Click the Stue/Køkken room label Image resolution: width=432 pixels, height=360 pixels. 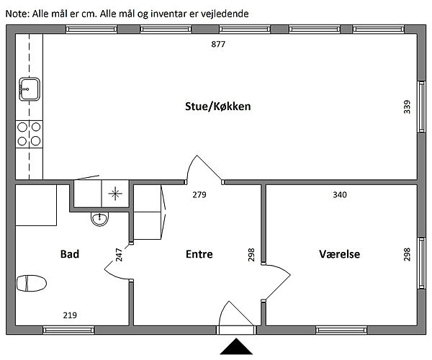pos(217,107)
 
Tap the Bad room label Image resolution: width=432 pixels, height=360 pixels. pos(70,254)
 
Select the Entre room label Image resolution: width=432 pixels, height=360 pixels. pos(199,254)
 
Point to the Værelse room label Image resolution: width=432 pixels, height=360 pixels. pos(339,254)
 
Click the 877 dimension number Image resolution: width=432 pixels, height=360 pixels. pos(218,44)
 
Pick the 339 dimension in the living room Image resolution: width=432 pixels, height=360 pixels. pos(407,107)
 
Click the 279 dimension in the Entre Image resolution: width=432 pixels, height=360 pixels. pos(199,194)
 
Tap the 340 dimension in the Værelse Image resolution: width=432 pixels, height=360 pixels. pos(340,194)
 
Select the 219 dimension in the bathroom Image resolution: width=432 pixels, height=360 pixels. pos(70,315)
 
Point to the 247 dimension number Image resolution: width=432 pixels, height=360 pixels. pos(119,255)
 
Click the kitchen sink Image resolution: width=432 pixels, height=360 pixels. pos(30,89)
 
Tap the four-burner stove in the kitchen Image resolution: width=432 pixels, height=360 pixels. pos(30,134)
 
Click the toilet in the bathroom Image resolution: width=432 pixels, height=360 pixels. pos(32,283)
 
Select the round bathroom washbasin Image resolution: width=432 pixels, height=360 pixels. pos(100,219)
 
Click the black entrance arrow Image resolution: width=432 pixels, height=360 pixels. pos(236,346)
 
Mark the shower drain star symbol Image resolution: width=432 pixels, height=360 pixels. pos(115,194)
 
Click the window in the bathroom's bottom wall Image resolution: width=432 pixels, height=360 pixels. pos(68,330)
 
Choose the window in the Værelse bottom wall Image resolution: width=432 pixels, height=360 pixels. pos(341,330)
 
